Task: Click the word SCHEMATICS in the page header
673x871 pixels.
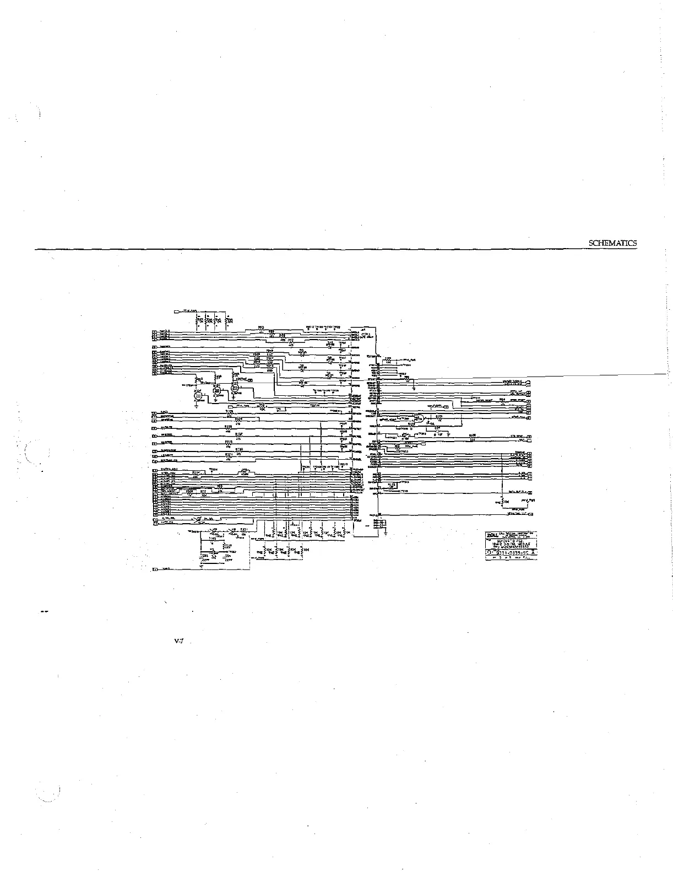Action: [613, 243]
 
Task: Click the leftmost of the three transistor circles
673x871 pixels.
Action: [199, 393]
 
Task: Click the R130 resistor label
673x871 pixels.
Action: [239, 450]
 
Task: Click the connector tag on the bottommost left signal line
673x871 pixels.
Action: [155, 568]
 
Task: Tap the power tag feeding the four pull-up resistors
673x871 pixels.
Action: [177, 312]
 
